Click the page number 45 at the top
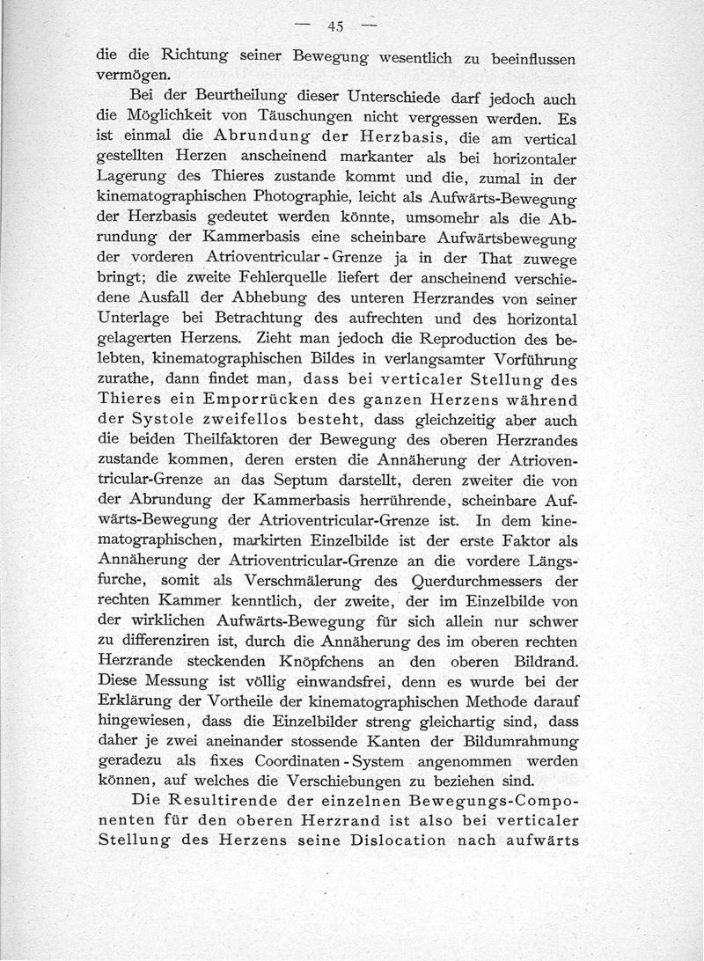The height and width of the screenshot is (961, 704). click(x=334, y=26)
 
